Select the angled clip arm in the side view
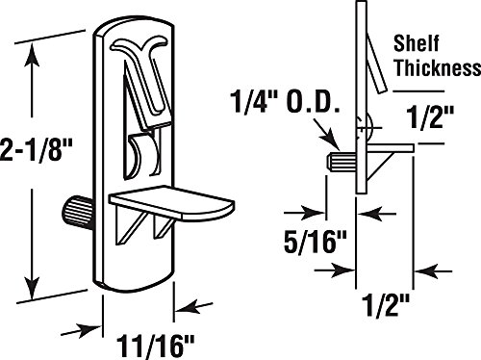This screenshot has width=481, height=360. pyautogui.click(x=377, y=58)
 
